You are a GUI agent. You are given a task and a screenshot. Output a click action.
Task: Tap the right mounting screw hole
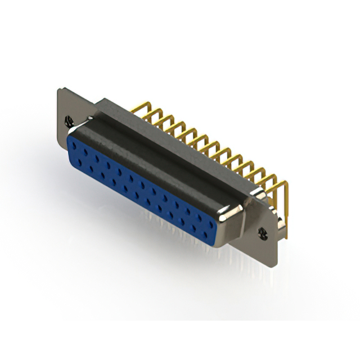261,231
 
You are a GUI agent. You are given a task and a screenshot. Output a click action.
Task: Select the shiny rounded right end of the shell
233,214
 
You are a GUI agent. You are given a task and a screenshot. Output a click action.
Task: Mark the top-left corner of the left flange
60,88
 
